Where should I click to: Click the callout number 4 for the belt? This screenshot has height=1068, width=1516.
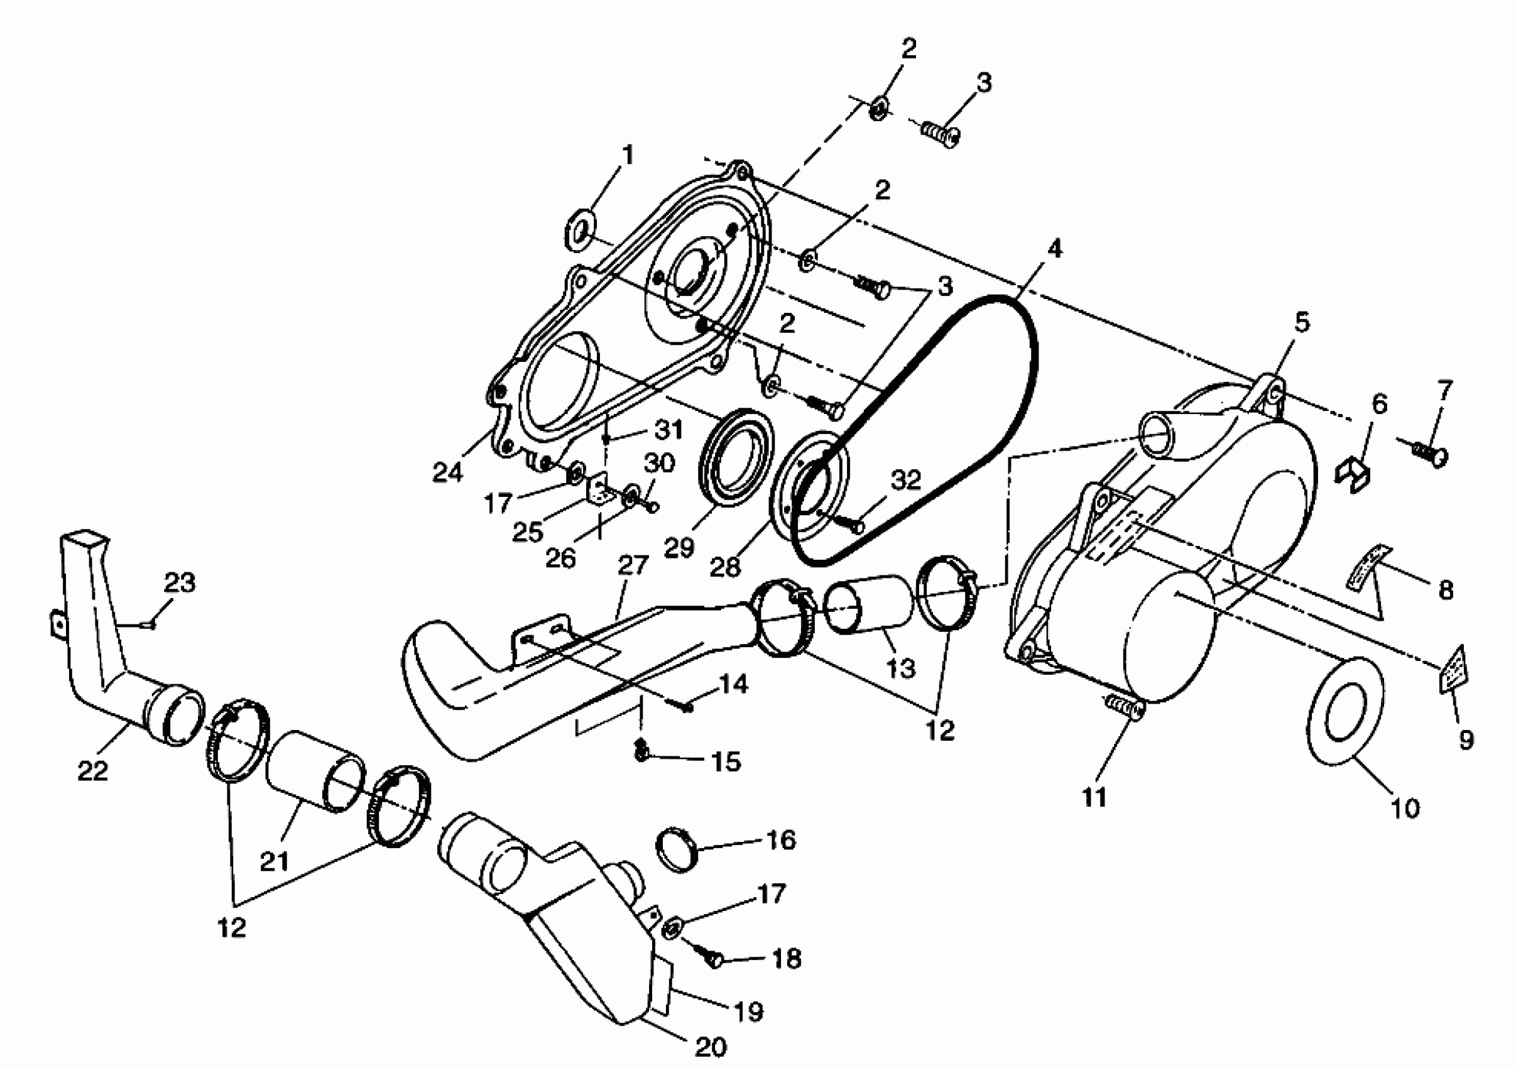tap(1054, 249)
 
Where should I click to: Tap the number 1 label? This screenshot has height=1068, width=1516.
tap(627, 156)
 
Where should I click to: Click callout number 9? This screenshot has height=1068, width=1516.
tap(1466, 740)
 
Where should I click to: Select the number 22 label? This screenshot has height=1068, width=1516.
tap(92, 770)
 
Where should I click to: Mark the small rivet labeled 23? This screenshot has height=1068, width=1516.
tap(150, 624)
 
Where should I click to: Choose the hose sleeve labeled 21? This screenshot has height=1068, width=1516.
tap(315, 771)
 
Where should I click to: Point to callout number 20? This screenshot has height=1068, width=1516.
tap(711, 1045)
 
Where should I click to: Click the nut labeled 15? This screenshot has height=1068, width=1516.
tap(640, 751)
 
